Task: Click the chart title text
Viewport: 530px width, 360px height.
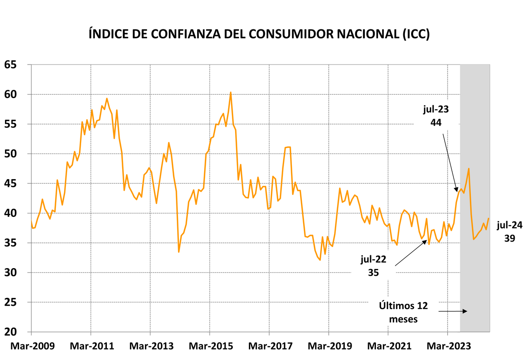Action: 259,34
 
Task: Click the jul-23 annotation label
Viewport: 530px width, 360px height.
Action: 436,110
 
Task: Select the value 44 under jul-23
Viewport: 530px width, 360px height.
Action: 436,122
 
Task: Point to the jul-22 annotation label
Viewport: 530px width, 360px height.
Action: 373,259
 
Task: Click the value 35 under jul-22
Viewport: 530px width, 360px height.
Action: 373,272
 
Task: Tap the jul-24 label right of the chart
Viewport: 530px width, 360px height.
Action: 510,225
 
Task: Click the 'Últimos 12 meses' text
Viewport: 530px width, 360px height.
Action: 403,312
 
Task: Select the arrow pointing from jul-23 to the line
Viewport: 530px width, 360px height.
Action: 450,162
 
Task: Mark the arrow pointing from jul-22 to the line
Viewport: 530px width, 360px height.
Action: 411,253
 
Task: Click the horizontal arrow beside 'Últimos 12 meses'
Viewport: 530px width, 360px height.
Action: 453,311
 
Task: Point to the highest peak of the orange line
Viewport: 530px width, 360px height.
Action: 231,92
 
